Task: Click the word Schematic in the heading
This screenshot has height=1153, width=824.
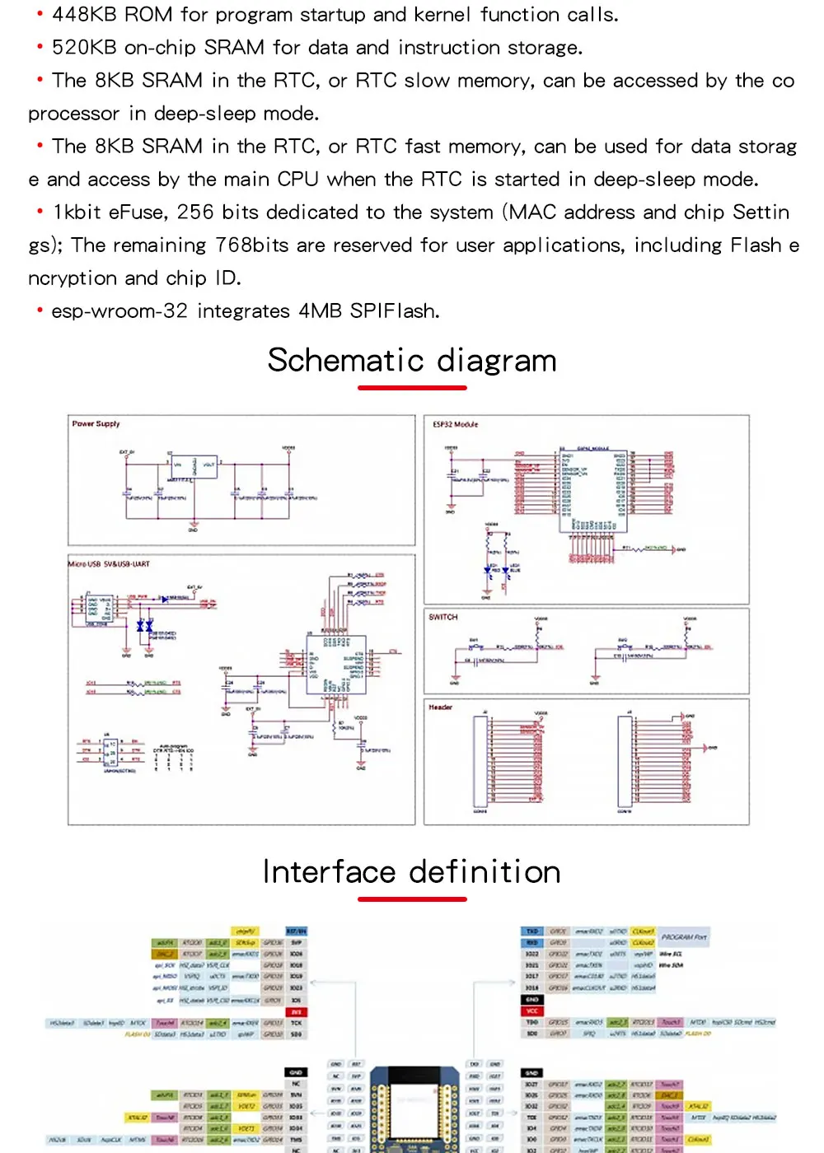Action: tap(346, 361)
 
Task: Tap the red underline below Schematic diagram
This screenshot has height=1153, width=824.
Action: tap(412, 387)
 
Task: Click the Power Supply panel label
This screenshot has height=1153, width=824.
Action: tap(96, 424)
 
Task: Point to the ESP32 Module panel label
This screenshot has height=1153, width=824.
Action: tap(455, 424)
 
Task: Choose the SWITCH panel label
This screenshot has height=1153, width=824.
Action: tap(442, 617)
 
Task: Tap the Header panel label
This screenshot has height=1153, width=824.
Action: tap(440, 707)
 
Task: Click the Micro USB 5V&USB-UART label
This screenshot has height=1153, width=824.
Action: tap(109, 564)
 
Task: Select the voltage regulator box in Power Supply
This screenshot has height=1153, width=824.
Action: tap(194, 467)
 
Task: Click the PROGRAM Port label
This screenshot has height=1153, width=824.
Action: tap(684, 937)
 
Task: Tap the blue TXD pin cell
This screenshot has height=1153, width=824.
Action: tap(532, 931)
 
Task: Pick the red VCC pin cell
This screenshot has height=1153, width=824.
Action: tap(532, 1011)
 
